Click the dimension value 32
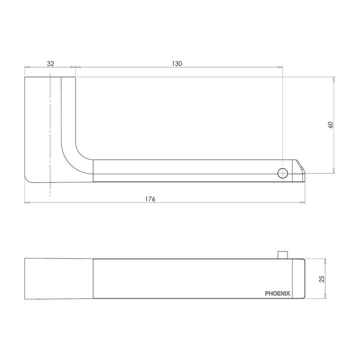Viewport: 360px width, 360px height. pos(50,63)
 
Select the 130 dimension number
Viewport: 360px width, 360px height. pos(177,63)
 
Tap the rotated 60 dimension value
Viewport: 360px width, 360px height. pos(330,125)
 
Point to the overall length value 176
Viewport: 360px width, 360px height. pos(150,199)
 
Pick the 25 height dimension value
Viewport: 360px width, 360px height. pos(322,278)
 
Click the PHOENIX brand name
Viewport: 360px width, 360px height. pos(277,294)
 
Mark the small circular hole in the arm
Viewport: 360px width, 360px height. pos(283,173)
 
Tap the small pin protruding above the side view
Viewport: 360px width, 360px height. pos(283,254)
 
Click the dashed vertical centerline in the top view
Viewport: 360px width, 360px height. pos(50,135)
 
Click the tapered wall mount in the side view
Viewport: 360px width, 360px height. pos(58,278)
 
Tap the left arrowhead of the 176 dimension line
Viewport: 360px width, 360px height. pos(27,203)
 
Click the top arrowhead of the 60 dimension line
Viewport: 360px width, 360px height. pos(334,79)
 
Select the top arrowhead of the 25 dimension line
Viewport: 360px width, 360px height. pos(325,260)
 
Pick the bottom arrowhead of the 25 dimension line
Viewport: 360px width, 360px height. pos(325,297)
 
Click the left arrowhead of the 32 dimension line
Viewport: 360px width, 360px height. pos(27,67)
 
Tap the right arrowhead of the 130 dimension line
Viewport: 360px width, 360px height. pos(281,67)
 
